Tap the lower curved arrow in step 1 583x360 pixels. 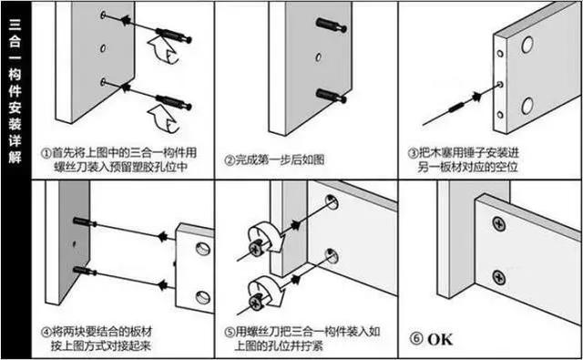161,116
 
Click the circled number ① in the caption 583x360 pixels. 46,153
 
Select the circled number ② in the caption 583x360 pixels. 229,161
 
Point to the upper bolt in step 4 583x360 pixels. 80,222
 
